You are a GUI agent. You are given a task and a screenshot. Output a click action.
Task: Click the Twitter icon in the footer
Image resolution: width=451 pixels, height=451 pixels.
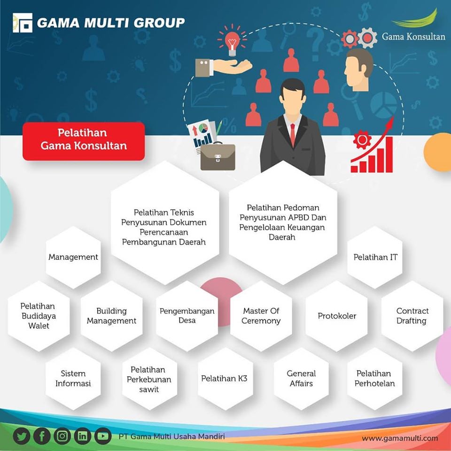(x=22, y=436)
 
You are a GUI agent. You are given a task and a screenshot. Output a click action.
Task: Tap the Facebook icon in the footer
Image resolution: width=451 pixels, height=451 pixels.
(x=42, y=436)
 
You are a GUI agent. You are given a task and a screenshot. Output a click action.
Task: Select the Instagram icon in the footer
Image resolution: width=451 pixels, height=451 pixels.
(x=62, y=436)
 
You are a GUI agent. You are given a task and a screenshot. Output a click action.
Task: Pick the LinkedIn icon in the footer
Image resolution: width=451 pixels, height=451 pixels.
(x=83, y=436)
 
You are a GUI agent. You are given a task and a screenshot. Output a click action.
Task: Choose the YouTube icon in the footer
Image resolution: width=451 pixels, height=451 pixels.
(x=103, y=436)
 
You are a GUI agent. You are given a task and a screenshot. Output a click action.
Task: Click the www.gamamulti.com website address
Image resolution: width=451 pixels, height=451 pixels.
(x=400, y=438)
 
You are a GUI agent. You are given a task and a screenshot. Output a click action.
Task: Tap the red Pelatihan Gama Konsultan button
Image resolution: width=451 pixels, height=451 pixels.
(x=84, y=141)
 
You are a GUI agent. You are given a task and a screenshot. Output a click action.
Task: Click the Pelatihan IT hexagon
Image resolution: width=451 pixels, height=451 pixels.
(x=375, y=257)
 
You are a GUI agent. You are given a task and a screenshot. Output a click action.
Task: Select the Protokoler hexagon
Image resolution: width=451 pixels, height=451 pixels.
(x=336, y=316)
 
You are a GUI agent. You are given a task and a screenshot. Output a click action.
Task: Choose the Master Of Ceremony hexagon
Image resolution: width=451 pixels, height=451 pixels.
(x=261, y=316)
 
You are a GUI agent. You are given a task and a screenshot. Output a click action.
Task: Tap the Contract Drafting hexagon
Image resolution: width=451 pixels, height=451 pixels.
(x=412, y=316)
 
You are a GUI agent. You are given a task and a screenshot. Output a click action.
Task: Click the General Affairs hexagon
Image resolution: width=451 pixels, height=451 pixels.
(x=301, y=379)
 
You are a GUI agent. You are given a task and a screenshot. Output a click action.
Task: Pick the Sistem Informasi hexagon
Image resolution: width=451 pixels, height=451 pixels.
(x=73, y=379)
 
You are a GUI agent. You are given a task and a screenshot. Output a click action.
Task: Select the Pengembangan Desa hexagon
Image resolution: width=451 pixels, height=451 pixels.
(x=187, y=316)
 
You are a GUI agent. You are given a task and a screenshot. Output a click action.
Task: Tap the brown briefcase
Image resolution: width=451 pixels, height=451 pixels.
(x=218, y=157)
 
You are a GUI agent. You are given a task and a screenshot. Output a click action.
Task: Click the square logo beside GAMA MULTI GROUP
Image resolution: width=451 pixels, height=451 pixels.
(x=23, y=23)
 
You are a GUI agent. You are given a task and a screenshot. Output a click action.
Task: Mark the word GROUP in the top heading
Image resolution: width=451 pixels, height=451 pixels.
(x=159, y=23)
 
